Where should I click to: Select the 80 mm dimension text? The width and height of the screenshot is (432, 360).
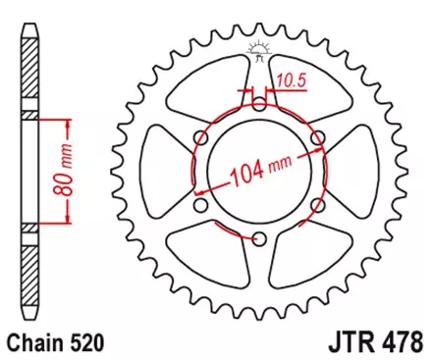point(58,173)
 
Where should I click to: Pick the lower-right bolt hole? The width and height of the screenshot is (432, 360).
point(317,206)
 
